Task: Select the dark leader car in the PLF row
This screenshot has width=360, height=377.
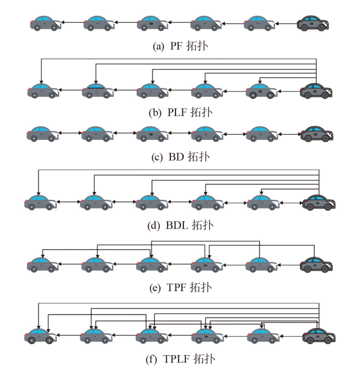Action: point(317,91)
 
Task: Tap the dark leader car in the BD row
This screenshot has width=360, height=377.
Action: point(318,134)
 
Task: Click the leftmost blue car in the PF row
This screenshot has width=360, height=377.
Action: point(45,23)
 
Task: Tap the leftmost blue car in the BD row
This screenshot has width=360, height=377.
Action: point(42,134)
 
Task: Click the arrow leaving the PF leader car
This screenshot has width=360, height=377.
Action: point(286,23)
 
